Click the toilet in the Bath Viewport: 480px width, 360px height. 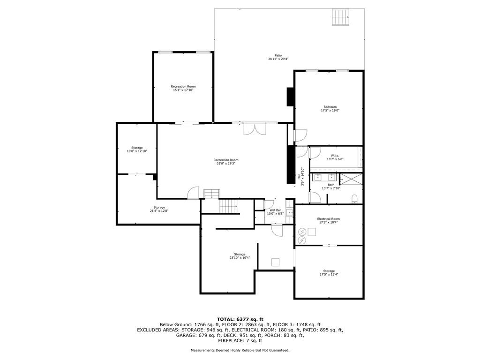pyautogui.click(x=355, y=198)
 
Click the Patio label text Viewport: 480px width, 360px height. pyautogui.click(x=278, y=55)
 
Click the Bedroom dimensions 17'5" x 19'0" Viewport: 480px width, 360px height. pyautogui.click(x=330, y=111)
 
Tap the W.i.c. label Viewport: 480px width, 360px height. pyautogui.click(x=335, y=156)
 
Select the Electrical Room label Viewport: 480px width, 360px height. pyautogui.click(x=328, y=219)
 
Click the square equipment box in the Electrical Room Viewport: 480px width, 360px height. pyautogui.click(x=312, y=231)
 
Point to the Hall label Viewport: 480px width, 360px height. pyautogui.click(x=299, y=177)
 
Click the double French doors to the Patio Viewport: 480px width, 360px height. pyautogui.click(x=255, y=129)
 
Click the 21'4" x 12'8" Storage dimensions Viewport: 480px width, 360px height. pyautogui.click(x=159, y=211)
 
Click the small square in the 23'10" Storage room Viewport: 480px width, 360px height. pyautogui.click(x=276, y=262)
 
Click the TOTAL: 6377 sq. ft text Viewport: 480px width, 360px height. pyautogui.click(x=240, y=319)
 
